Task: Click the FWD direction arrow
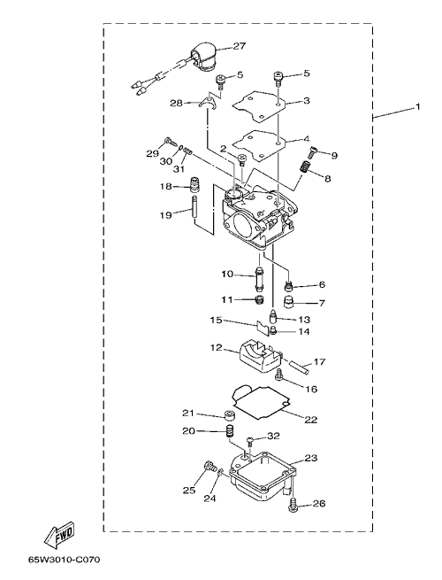(x=59, y=535)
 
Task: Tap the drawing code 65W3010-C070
(x=65, y=559)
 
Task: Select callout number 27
(x=240, y=46)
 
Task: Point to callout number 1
(x=417, y=106)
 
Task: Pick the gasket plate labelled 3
(x=260, y=104)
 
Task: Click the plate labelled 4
(x=260, y=143)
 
